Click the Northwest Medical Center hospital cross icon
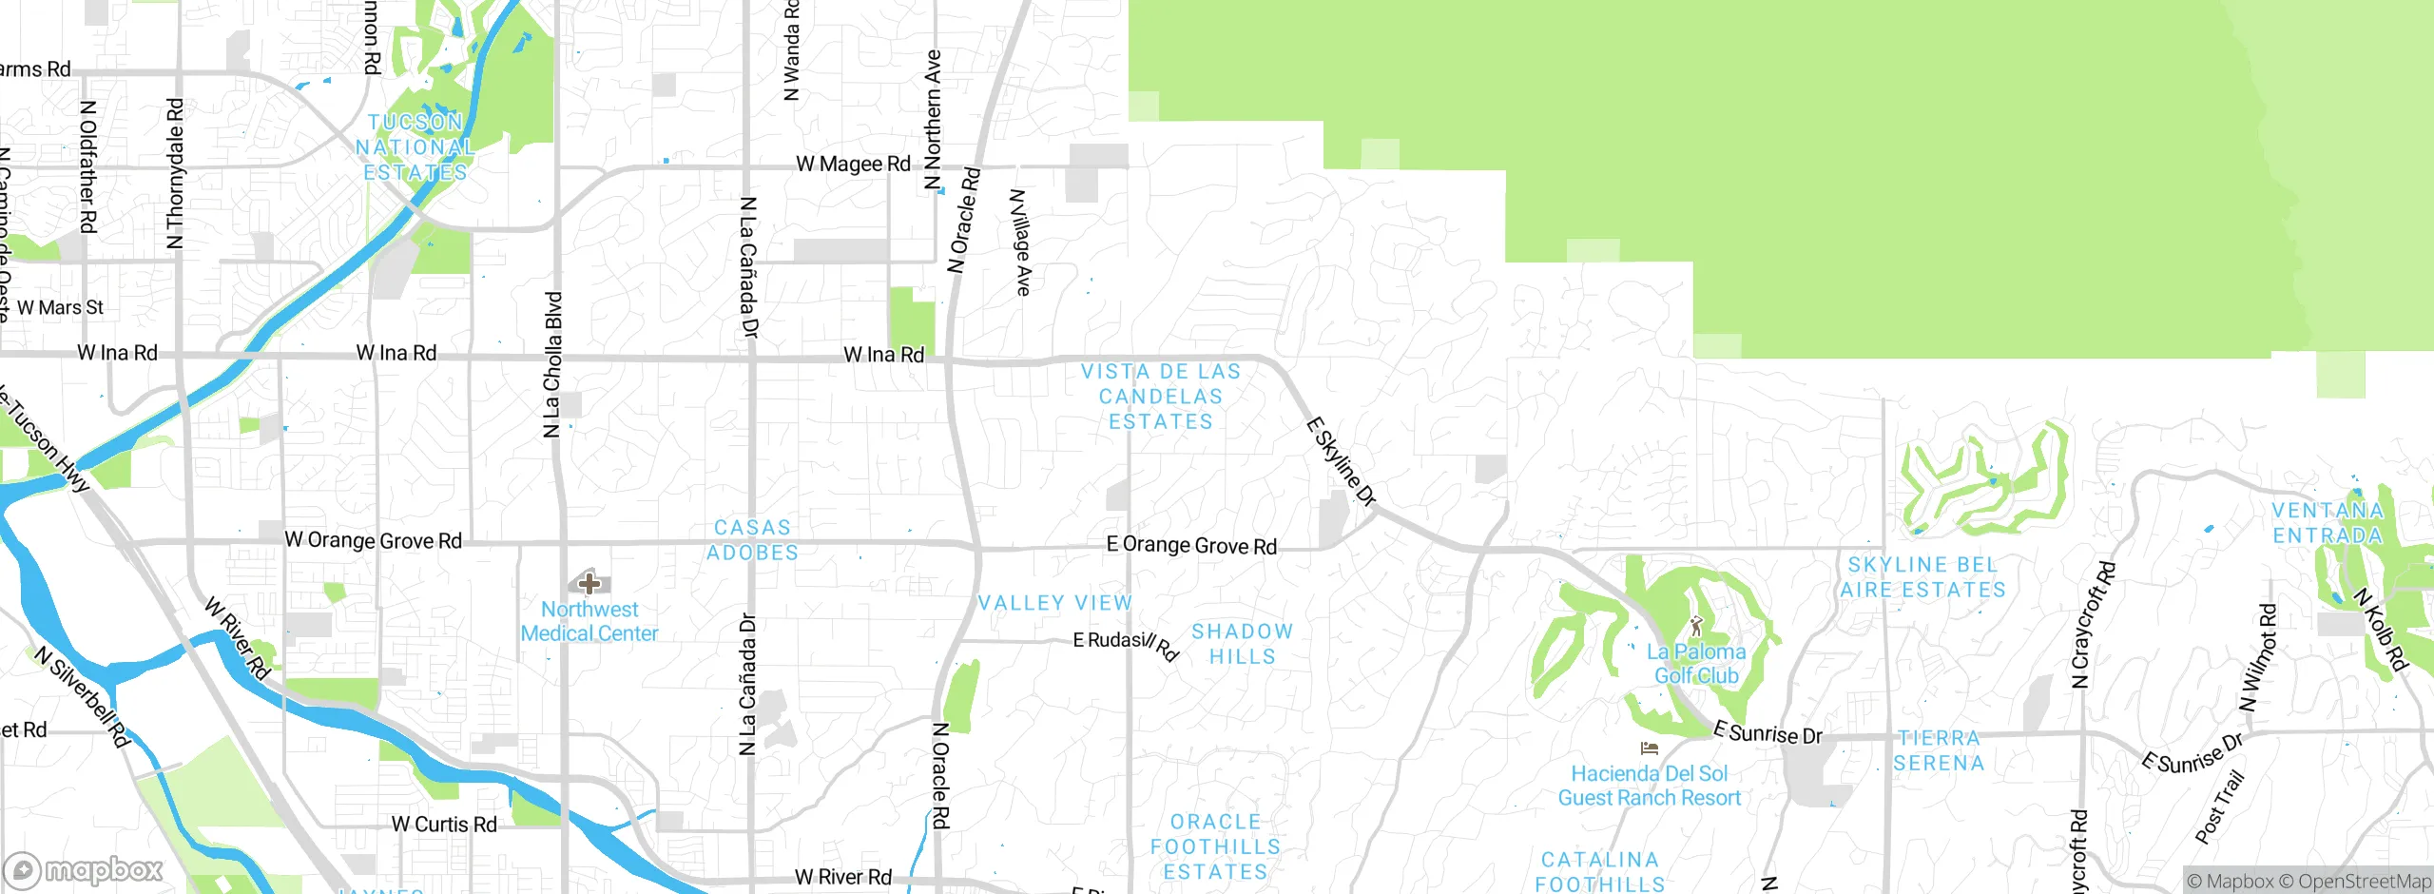click(x=589, y=583)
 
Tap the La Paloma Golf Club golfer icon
click(x=1696, y=627)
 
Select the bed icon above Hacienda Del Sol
click(x=1650, y=749)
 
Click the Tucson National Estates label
click(x=415, y=147)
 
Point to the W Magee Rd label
click(x=853, y=164)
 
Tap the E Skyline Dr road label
click(x=1342, y=461)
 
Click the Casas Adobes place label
click(x=752, y=540)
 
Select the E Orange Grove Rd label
click(x=1191, y=545)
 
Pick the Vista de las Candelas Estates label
click(x=1161, y=397)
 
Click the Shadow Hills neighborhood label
click(x=1242, y=644)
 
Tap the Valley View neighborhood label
click(x=1055, y=603)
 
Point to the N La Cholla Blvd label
click(x=552, y=365)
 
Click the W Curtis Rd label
click(x=444, y=825)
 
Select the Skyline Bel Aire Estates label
click(x=1922, y=577)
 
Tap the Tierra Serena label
click(x=1939, y=750)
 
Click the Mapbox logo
click(x=84, y=870)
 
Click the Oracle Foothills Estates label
click(x=1215, y=846)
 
